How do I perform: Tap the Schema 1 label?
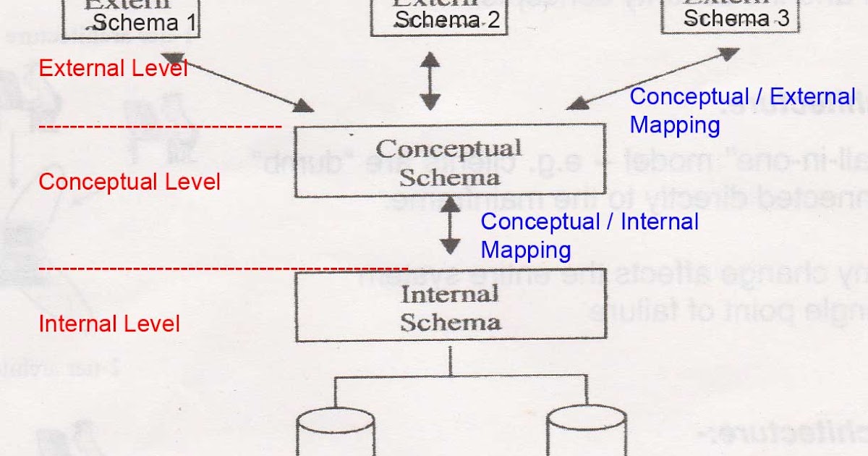pos(145,23)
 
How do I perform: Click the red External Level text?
pos(113,69)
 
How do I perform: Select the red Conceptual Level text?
pos(129,182)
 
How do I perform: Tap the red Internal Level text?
pos(109,323)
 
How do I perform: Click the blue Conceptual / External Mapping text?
pos(742,111)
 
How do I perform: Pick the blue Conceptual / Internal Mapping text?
pos(590,236)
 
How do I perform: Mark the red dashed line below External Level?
pos(159,127)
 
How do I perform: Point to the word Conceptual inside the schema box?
pos(448,149)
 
